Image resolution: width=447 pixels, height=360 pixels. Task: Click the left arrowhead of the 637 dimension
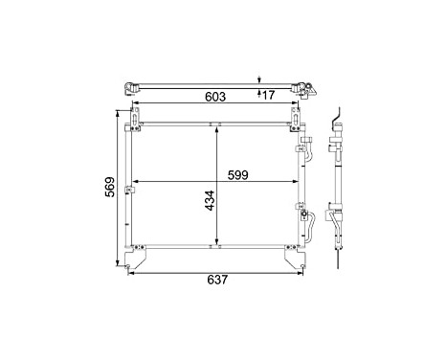130,273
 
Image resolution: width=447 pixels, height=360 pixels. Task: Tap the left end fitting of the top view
127,88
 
